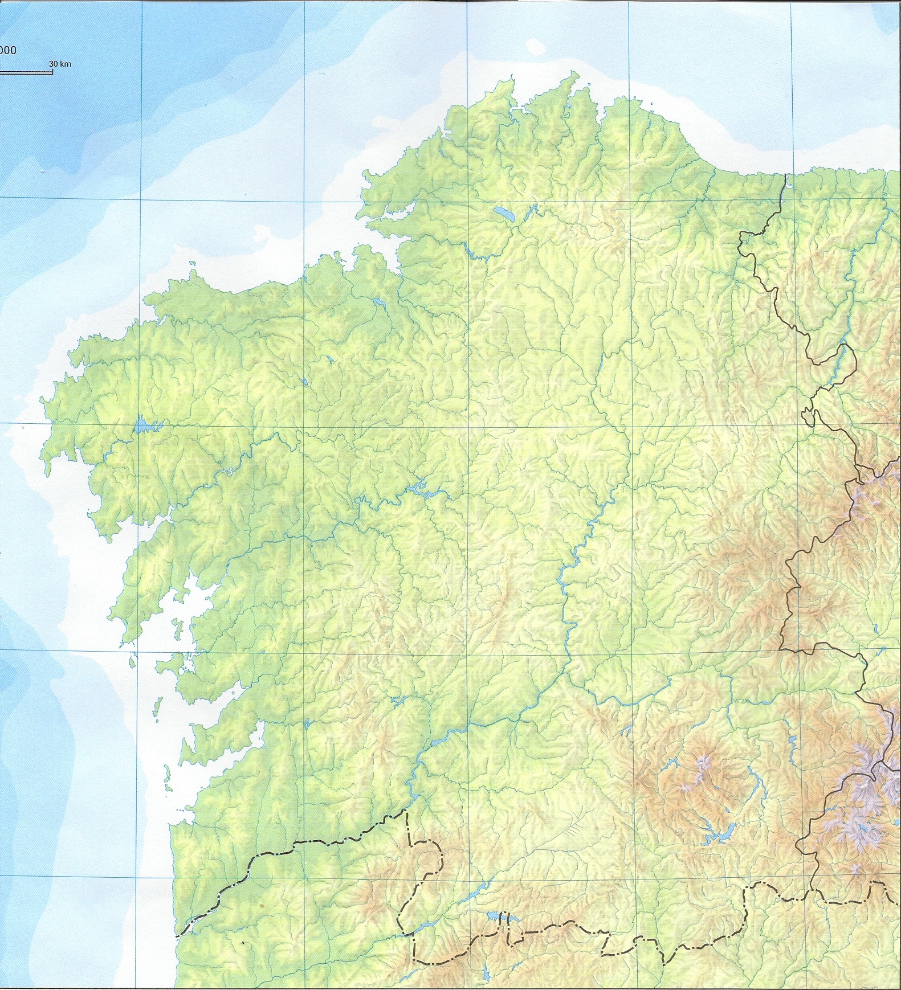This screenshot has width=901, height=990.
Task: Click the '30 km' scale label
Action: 60,64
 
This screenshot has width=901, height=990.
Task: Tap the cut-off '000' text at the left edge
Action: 7,50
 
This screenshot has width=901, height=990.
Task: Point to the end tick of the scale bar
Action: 52,72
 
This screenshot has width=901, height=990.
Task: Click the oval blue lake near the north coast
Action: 503,213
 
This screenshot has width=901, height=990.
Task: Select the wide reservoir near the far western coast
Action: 145,426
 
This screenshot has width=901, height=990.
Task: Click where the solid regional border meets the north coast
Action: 785,175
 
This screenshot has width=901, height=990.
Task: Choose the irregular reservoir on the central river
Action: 419,486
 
